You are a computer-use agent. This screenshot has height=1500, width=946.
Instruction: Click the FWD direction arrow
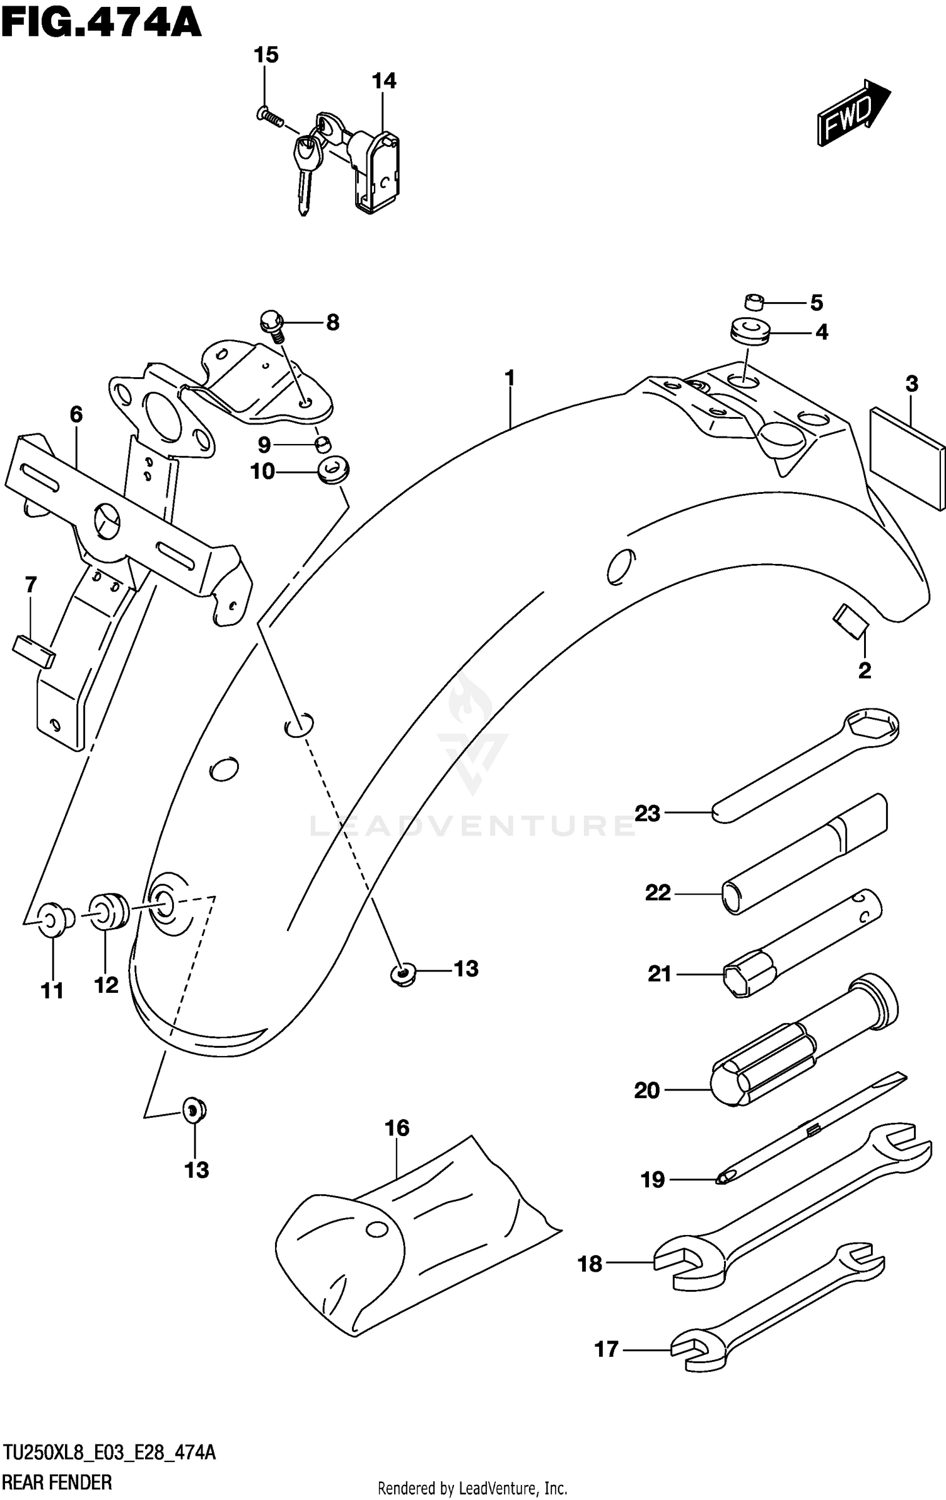click(x=853, y=114)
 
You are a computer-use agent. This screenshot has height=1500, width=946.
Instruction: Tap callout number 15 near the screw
click(x=266, y=56)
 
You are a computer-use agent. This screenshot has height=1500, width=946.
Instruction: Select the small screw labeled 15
click(x=270, y=117)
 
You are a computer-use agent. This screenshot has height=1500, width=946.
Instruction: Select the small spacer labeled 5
click(x=753, y=302)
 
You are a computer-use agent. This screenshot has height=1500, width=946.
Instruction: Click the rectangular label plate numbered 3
click(x=907, y=457)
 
